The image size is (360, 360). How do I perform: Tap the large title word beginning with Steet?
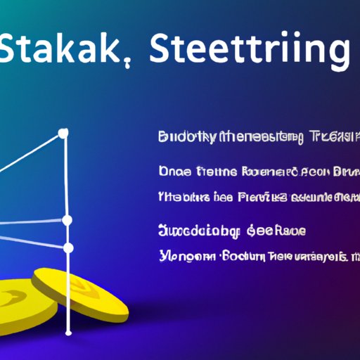tap(250, 51)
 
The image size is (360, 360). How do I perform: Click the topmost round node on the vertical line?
tap(63, 133)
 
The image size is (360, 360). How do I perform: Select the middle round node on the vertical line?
tap(67, 221)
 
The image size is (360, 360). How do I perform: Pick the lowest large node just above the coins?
tap(68, 248)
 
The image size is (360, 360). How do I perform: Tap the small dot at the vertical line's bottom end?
tap(68, 333)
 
